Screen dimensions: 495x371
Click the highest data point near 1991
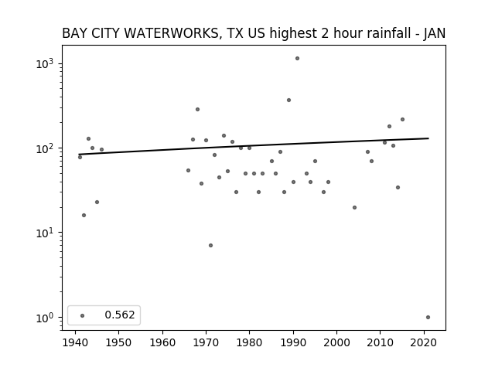[x=297, y=59]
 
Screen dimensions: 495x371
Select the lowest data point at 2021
[x=428, y=318]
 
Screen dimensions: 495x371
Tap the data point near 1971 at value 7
[x=211, y=246]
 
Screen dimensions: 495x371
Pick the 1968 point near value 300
[x=198, y=110]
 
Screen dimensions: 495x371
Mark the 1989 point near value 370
[x=288, y=100]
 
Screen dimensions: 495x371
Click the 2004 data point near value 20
[x=354, y=208]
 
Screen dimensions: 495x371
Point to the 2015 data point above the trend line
[x=402, y=120]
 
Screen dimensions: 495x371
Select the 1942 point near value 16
[x=84, y=216]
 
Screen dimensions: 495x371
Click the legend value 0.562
[x=120, y=315]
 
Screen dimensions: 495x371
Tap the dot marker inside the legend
[x=83, y=316]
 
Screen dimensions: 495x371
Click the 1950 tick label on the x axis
[x=118, y=342]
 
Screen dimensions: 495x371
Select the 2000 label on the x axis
[x=337, y=342]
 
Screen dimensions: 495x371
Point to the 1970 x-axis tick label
[x=207, y=342]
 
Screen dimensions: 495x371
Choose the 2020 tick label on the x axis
[x=424, y=342]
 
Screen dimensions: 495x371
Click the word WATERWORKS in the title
[x=155, y=33]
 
